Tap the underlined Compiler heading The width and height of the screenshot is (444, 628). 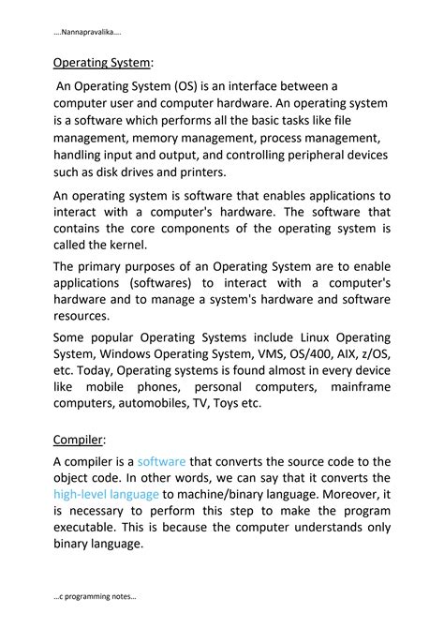78,438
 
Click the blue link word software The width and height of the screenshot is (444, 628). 161,462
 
